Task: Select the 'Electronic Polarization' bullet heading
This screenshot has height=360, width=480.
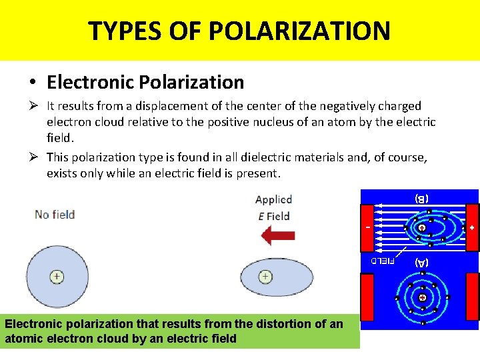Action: (145, 82)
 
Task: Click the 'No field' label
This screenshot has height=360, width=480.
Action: (55, 215)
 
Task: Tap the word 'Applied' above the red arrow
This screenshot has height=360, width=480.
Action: (273, 199)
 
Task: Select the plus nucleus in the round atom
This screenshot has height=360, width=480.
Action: (57, 276)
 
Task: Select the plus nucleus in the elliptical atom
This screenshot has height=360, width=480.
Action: (265, 276)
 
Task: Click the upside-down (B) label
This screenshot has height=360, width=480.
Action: (421, 198)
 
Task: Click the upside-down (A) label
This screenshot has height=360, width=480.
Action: (421, 262)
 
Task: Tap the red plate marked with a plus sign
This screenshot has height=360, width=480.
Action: (472, 227)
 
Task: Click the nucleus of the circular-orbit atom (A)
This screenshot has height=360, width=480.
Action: (422, 297)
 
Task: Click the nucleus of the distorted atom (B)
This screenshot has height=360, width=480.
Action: (422, 227)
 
